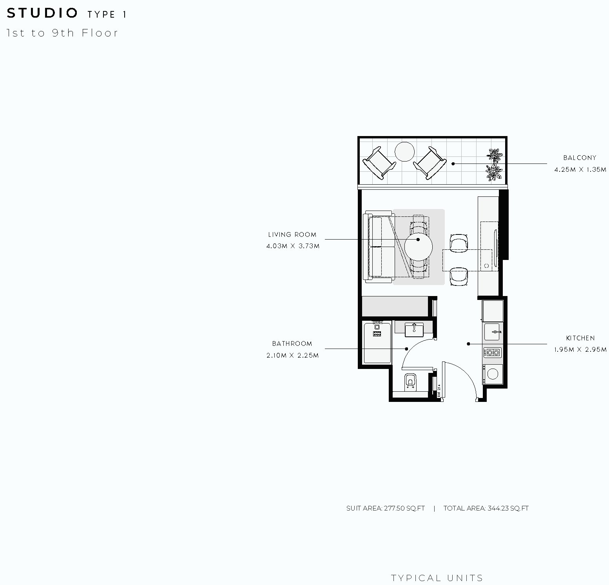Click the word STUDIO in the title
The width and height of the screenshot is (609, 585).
coord(42,13)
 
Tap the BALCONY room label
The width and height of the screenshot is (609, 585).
coord(580,158)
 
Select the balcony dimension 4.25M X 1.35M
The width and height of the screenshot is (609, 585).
coord(580,169)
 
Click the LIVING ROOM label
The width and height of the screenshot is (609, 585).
coord(292,234)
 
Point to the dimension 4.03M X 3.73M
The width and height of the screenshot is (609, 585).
coord(293,246)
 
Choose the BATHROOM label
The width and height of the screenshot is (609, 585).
coord(292,343)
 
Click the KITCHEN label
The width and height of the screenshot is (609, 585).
coord(580,338)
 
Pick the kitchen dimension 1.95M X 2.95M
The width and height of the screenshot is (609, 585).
coord(580,350)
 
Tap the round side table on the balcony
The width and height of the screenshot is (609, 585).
coord(404,152)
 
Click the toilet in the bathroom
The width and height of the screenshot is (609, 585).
coord(410,381)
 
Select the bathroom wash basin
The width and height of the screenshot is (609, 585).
coord(414,329)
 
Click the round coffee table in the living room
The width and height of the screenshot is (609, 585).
coord(419,247)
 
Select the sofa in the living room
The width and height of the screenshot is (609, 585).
coord(379,247)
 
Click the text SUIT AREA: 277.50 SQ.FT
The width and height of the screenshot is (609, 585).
coord(386,509)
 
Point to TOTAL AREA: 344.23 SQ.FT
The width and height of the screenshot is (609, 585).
coord(486,509)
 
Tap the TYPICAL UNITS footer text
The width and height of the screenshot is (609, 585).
coord(437,578)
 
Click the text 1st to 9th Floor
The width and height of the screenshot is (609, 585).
coord(62,33)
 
